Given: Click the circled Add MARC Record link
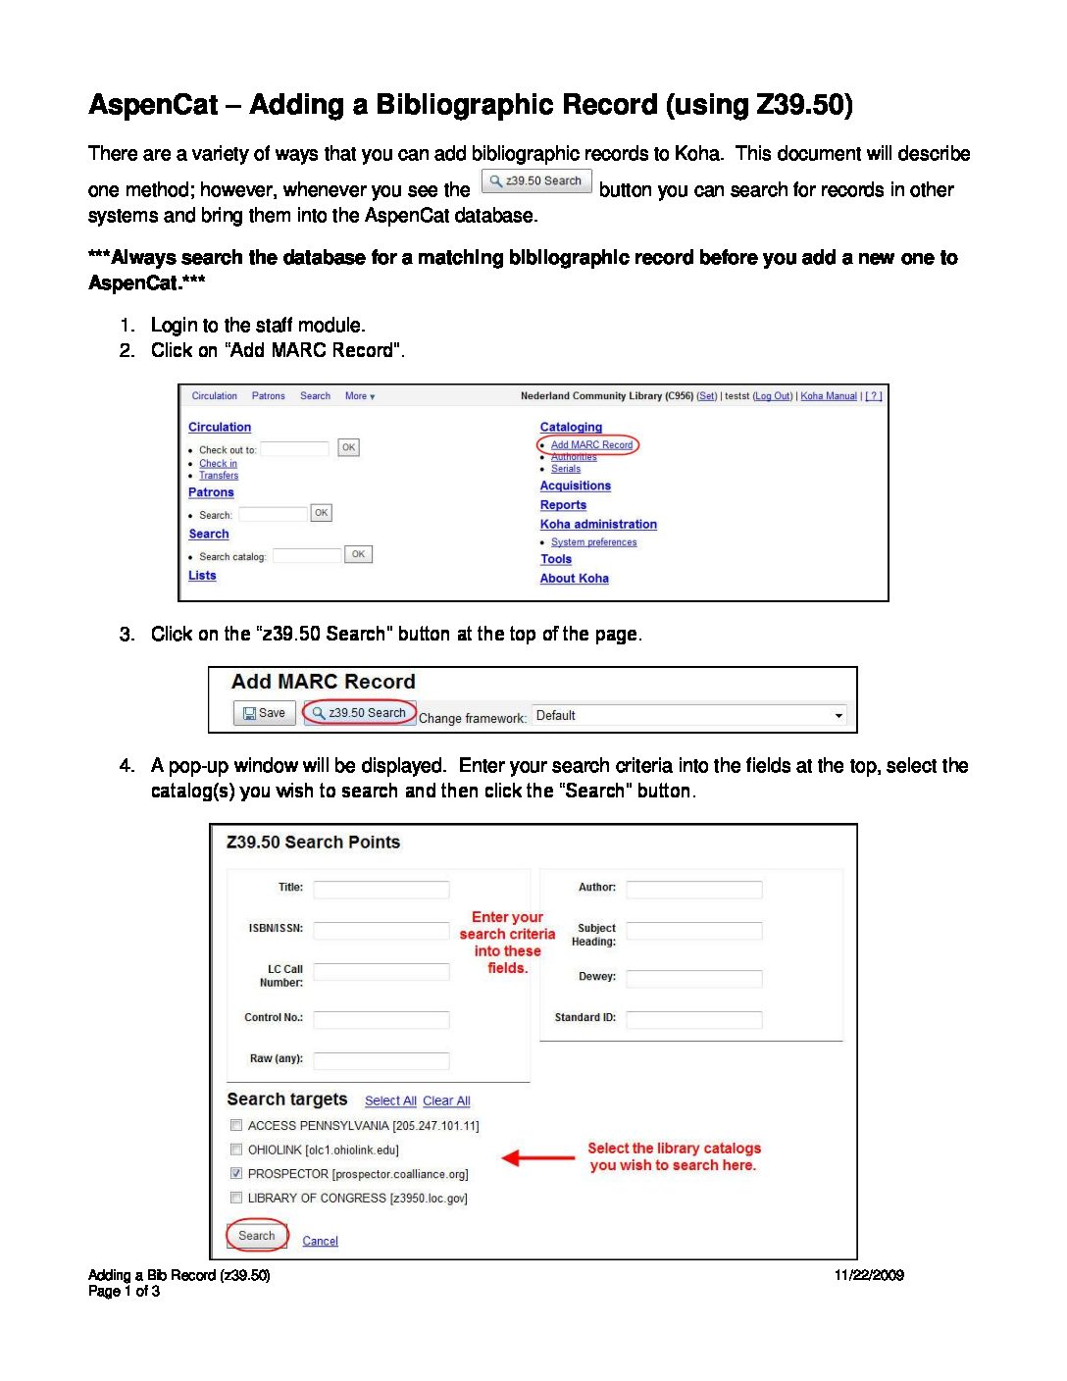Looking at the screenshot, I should [x=590, y=445].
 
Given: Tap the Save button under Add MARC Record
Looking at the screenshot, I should [x=264, y=713].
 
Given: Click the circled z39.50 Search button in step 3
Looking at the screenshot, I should [x=360, y=713].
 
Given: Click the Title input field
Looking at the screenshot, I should [x=381, y=890].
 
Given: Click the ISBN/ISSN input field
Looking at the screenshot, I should [x=381, y=930].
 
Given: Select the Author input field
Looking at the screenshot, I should [x=694, y=890].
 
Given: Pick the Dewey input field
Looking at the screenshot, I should [x=694, y=978].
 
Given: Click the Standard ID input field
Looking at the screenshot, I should [x=694, y=1020].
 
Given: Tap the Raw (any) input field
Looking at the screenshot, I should [x=381, y=1060].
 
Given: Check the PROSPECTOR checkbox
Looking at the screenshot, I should [x=236, y=1173].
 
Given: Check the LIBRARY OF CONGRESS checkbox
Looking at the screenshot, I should [x=236, y=1198].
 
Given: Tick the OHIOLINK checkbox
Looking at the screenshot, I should [x=236, y=1150].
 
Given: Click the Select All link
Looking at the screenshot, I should [x=390, y=1101].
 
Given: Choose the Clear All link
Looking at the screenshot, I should [x=446, y=1101].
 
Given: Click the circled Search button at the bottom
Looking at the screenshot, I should [x=257, y=1236].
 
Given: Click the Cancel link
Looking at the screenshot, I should [x=320, y=1242].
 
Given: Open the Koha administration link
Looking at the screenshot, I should [x=598, y=525].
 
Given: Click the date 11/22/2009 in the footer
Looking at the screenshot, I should [x=869, y=1275].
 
